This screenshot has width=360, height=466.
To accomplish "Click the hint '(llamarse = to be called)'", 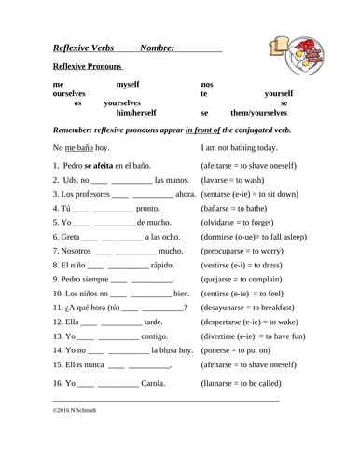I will [x=251, y=381].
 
